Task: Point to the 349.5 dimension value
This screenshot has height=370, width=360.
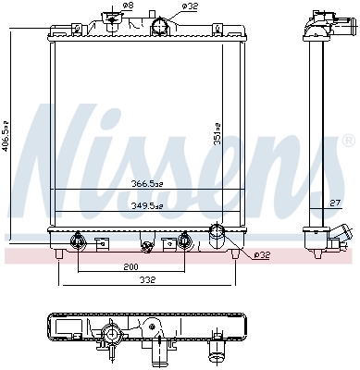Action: coord(146,205)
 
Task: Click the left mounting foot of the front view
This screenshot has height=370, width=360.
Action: coord(60,252)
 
